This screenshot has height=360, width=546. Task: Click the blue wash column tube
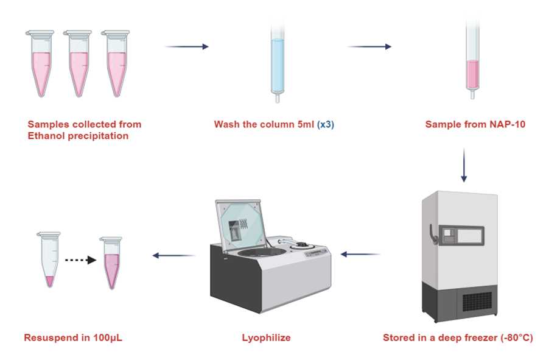[x=278, y=63]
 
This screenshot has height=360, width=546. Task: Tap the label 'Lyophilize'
[x=267, y=337]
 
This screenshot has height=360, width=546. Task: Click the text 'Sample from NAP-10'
[x=475, y=124]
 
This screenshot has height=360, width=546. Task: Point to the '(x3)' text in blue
[x=326, y=124]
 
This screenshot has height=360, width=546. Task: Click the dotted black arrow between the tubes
[x=80, y=259]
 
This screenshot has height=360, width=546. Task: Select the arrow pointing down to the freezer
[x=464, y=165]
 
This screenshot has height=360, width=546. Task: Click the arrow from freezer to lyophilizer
[x=360, y=255]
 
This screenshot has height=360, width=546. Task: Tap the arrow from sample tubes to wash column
[x=187, y=46]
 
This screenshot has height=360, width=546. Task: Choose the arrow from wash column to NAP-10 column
[x=369, y=46]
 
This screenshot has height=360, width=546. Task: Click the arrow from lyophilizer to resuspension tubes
[x=174, y=255]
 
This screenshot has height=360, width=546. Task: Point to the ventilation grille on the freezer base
[x=477, y=302]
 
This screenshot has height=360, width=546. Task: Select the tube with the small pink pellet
[x=49, y=259]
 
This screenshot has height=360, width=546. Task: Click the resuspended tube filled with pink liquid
[x=111, y=263]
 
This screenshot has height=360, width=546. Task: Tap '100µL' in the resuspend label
[x=108, y=337]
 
